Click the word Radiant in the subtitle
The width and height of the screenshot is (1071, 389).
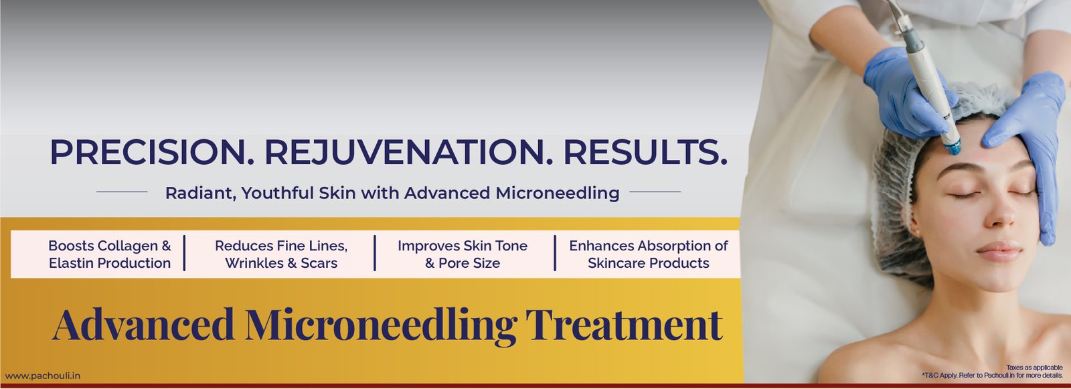pos(200,193)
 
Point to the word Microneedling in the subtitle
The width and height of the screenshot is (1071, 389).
pos(557,193)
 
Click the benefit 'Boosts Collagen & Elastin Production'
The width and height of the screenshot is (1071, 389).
pos(110,254)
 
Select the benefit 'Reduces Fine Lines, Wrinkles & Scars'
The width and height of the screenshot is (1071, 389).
pos(281,254)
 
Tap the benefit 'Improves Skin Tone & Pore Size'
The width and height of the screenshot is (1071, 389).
pos(463,254)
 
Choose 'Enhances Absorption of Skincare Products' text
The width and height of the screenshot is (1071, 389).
pos(649,254)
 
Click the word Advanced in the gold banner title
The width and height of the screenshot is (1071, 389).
pos(143,325)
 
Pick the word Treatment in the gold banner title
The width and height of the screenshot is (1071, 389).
pos(624,325)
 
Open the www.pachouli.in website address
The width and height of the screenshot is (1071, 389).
pos(43,376)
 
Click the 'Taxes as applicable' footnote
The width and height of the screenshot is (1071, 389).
pos(1034,368)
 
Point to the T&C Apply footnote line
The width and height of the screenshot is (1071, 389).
pos(992,376)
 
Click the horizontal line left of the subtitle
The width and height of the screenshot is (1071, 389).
pos(122,192)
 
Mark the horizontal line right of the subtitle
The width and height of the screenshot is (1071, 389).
pos(655,192)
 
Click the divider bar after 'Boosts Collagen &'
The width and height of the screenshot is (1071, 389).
pos(184,253)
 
